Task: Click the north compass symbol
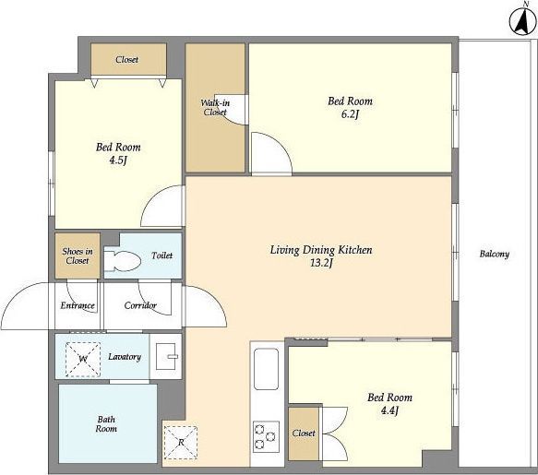(x=523, y=21)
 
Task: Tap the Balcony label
(x=494, y=255)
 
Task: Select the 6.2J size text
(x=350, y=114)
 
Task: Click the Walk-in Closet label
(x=215, y=107)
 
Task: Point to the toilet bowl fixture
(x=122, y=261)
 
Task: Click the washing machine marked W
(x=83, y=360)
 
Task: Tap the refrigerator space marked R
(x=181, y=443)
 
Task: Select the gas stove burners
(x=266, y=436)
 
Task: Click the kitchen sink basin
(x=266, y=369)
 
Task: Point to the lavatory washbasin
(x=167, y=356)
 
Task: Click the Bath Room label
(x=106, y=424)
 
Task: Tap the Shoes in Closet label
(x=78, y=255)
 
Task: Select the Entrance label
(x=78, y=305)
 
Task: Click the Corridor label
(x=140, y=305)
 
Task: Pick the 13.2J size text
(x=321, y=263)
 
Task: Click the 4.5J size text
(x=118, y=160)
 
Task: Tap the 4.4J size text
(x=389, y=410)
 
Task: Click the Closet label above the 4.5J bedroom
(x=127, y=60)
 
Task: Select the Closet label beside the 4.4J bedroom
(x=304, y=433)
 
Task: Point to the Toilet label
(x=161, y=255)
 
